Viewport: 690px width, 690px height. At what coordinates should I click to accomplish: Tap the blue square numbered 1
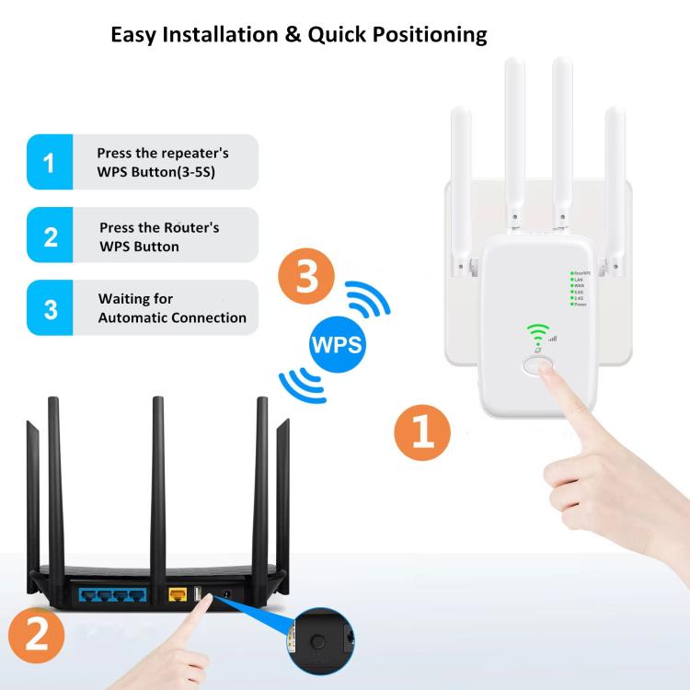pyautogui.click(x=50, y=163)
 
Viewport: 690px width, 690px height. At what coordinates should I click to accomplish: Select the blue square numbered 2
pyautogui.click(x=50, y=236)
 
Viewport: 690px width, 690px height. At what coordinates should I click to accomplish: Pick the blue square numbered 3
pyautogui.click(x=50, y=308)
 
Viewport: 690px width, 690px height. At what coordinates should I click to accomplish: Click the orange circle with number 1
pyautogui.click(x=422, y=431)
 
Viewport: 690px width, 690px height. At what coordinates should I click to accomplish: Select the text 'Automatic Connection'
pyautogui.click(x=172, y=317)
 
